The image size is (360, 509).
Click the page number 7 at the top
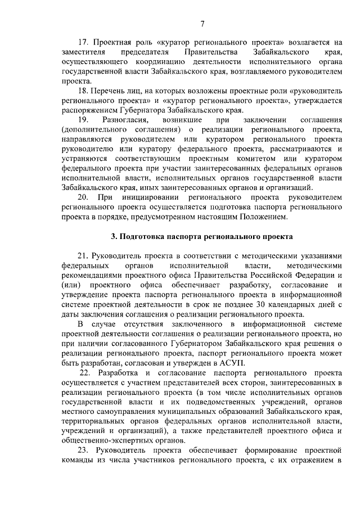202,22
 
